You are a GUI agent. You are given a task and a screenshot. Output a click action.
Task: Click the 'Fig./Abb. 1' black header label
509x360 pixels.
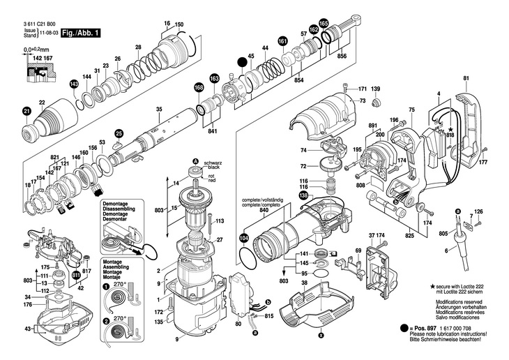(80, 33)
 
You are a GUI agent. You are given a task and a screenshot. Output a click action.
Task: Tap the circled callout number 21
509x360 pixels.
(26, 111)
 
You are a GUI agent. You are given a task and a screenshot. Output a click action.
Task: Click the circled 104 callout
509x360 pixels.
(243, 238)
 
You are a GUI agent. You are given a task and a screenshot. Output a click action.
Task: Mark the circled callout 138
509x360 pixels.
(303, 196)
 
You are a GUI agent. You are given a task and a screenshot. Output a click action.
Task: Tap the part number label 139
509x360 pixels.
(375, 89)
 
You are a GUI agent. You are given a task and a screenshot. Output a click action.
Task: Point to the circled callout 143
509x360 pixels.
(74, 84)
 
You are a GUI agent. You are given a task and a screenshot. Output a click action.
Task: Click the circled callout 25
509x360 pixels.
(119, 133)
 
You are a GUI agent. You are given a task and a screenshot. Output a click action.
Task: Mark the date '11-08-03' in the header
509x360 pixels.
(47, 33)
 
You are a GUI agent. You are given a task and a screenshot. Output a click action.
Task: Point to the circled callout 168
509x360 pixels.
(199, 88)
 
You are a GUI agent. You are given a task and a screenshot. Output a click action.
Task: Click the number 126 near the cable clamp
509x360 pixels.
(478, 211)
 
